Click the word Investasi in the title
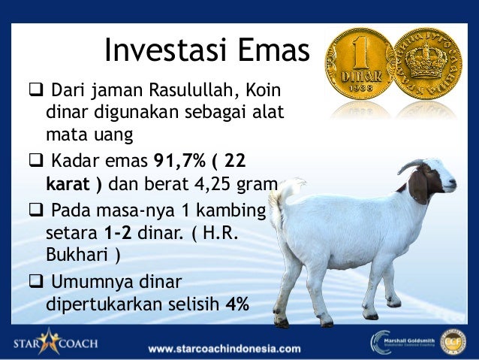[x=155, y=51]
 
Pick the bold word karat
[x=70, y=185]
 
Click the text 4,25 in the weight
[x=218, y=185]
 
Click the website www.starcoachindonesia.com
[x=224, y=349]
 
